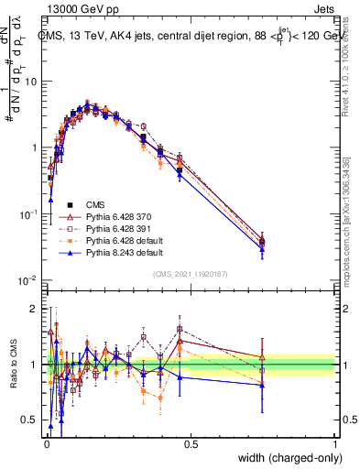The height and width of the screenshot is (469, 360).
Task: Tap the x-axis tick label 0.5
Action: click(191, 443)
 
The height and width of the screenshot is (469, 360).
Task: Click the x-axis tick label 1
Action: click(335, 443)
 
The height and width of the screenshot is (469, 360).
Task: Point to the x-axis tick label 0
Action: click(46, 443)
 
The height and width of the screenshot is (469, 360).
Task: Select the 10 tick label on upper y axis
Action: click(33, 81)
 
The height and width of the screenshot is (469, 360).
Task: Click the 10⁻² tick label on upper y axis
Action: click(30, 279)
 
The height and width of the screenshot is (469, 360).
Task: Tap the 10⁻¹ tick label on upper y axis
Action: click(30, 213)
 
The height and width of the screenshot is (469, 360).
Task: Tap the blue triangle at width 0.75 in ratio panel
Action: click(263, 385)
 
